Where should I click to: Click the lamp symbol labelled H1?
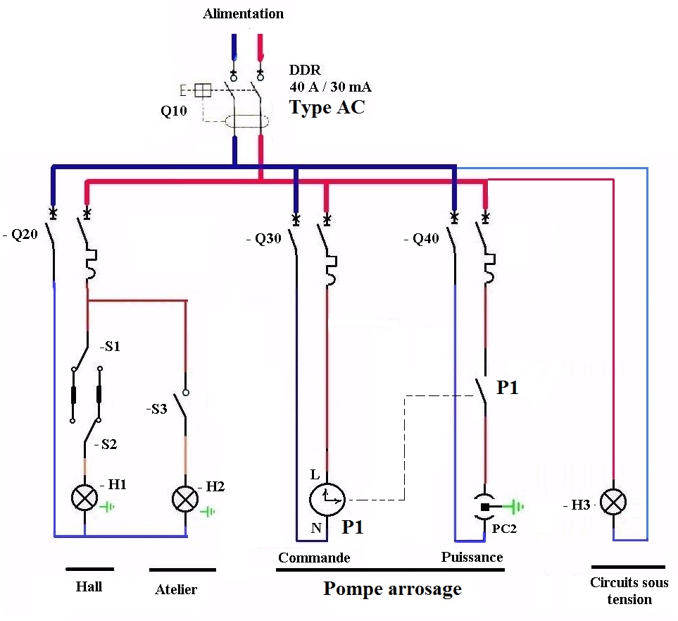click(x=84, y=498)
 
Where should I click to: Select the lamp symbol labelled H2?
click(x=185, y=499)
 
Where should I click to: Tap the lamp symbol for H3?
click(x=613, y=502)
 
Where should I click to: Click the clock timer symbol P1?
click(x=327, y=500)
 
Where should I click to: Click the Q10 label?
click(x=174, y=111)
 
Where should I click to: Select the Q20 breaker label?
click(x=20, y=234)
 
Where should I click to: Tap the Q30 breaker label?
click(x=264, y=238)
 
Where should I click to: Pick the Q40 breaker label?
click(x=422, y=238)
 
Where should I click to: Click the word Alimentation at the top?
click(x=244, y=13)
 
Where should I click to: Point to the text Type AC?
click(x=327, y=107)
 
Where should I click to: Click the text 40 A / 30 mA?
click(x=330, y=87)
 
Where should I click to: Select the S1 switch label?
click(x=111, y=346)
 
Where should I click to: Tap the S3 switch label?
click(x=156, y=409)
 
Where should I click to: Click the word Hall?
click(x=89, y=586)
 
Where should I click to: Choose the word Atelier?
click(x=176, y=589)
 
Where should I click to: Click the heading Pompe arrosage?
click(x=393, y=589)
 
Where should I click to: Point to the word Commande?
click(x=314, y=558)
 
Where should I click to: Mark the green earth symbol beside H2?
click(x=208, y=512)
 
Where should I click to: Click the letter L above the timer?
click(x=315, y=474)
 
